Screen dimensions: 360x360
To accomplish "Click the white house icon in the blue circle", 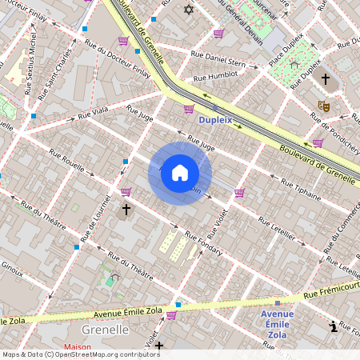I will click(180, 173).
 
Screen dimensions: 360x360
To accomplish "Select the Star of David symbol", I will click(189, 10).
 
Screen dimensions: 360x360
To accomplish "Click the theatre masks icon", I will click(324, 106).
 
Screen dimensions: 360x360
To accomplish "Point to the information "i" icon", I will click(334, 326).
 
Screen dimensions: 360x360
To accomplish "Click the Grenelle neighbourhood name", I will click(105, 329).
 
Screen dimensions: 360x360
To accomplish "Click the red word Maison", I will click(77, 347).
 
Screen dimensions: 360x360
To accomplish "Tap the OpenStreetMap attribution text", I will click(81, 354).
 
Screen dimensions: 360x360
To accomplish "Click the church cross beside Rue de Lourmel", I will click(126, 210).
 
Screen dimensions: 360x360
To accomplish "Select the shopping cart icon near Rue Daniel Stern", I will click(218, 34).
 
